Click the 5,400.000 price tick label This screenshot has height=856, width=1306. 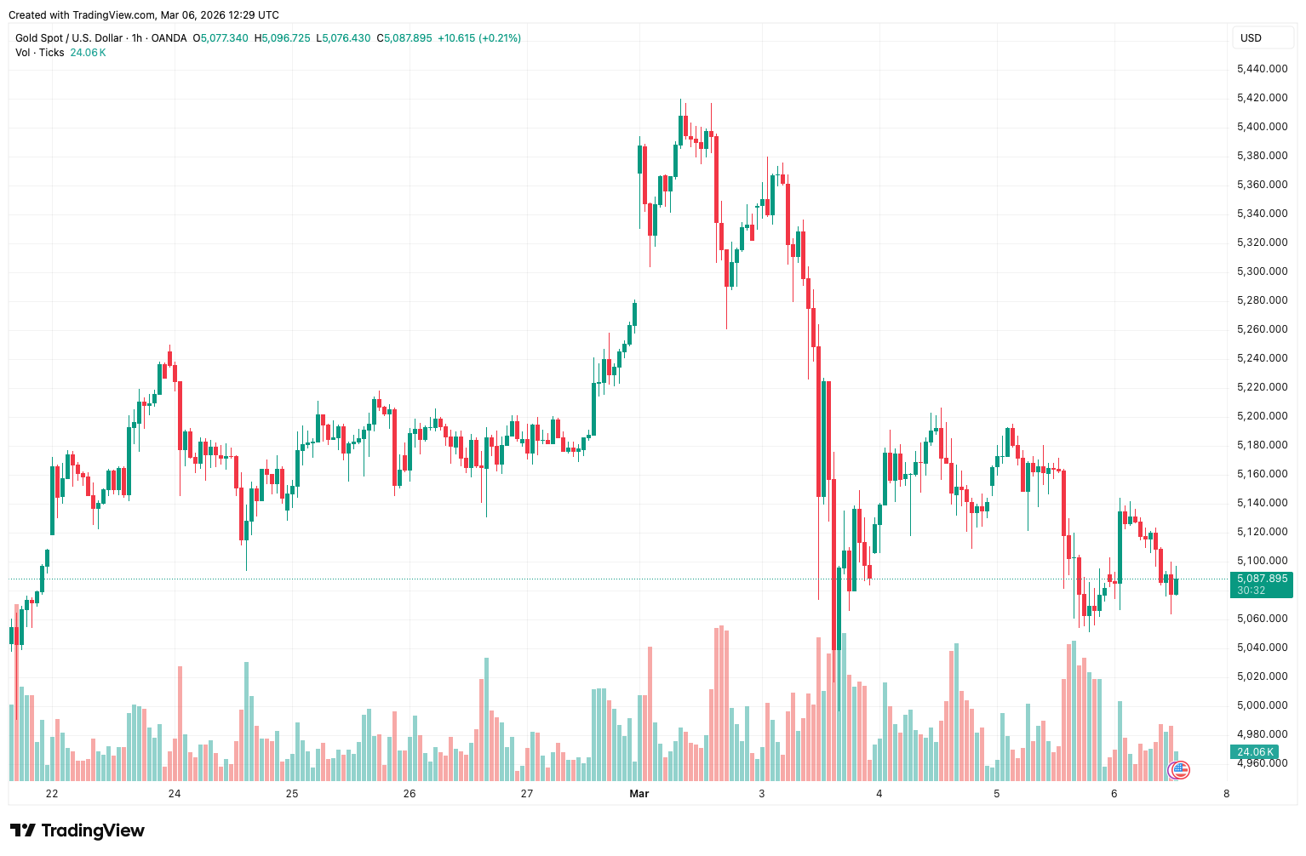(1262, 127)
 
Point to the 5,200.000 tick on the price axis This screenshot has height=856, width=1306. (1262, 416)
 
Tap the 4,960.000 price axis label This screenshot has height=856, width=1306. (1262, 763)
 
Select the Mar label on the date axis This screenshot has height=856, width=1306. (639, 794)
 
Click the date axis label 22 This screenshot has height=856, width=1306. (52, 794)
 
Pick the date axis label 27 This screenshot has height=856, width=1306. (527, 794)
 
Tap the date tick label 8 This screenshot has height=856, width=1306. (1226, 794)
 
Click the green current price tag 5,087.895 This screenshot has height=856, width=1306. (1262, 579)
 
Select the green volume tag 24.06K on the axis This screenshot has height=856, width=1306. (1254, 752)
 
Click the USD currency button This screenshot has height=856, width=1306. (1251, 37)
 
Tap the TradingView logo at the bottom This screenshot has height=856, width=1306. (77, 830)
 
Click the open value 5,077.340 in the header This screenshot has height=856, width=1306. (225, 38)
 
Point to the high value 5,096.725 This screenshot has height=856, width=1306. (286, 38)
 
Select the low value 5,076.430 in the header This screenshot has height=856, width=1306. (347, 38)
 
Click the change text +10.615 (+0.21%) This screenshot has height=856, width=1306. (478, 38)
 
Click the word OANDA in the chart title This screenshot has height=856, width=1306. (169, 38)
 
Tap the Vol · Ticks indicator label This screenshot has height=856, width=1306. (40, 53)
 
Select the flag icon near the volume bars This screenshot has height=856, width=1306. (1180, 770)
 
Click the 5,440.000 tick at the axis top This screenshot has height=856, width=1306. (1262, 69)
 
